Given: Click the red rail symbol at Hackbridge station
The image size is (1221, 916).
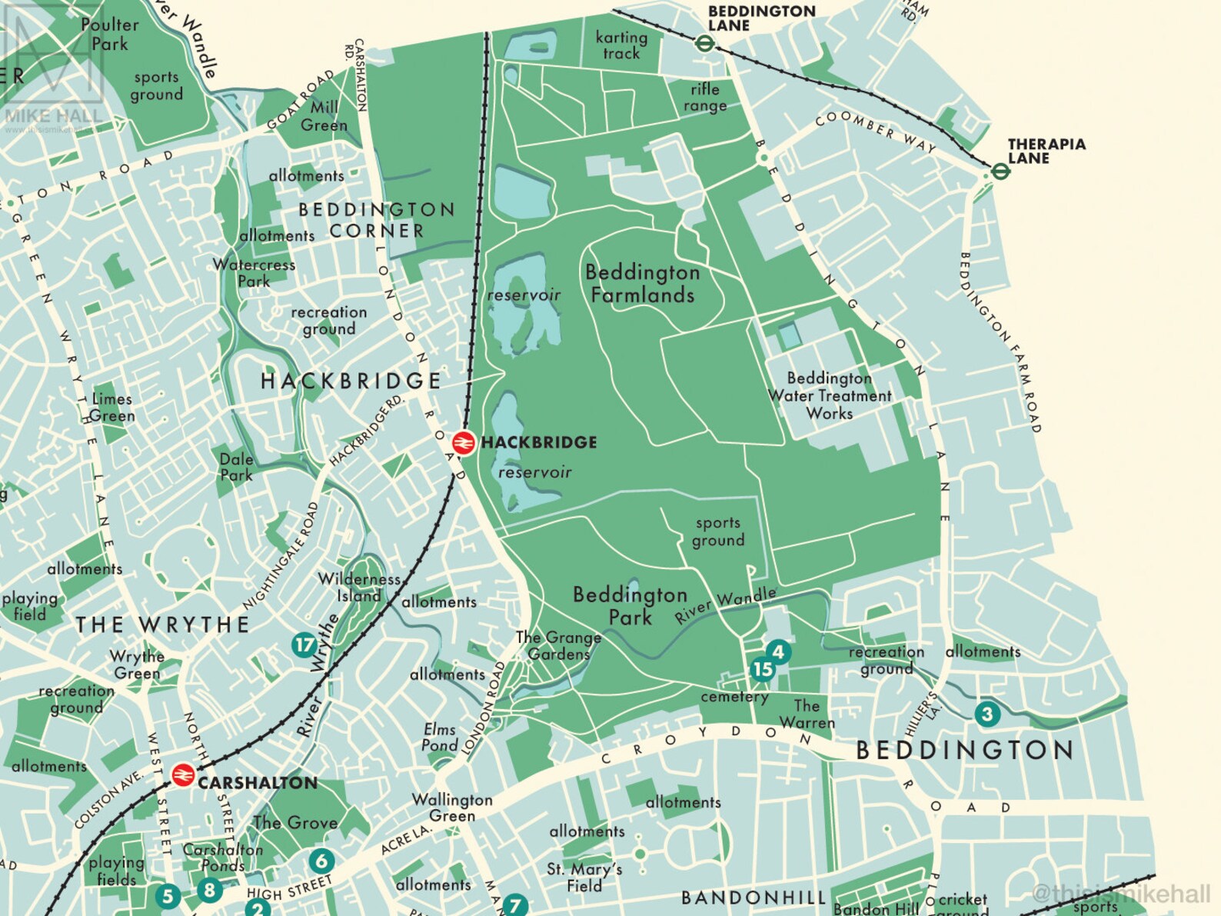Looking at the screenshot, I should pos(463,443).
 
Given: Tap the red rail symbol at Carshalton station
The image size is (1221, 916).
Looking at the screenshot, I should pos(182,774).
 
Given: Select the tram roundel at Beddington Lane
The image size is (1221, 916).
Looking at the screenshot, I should pos(704,43).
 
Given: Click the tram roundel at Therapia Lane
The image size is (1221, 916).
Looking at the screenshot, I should pos(1000,171).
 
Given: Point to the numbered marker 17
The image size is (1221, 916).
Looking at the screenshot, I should pos(304,645).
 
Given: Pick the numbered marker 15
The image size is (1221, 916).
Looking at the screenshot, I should pos(762,669).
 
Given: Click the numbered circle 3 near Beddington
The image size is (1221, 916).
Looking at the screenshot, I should pos(987,714).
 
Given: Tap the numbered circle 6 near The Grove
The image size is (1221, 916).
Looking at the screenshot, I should pos(321,861).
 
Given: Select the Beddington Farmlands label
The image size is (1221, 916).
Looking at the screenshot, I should pos(643,284).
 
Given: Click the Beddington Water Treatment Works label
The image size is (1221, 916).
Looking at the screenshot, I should pos(830,395).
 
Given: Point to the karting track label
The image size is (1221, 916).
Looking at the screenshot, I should pos(621,45).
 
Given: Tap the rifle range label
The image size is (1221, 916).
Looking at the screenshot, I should pos(704,98).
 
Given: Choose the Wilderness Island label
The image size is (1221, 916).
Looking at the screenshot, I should pos(359,587).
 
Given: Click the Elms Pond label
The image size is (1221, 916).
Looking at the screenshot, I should pos(439,737).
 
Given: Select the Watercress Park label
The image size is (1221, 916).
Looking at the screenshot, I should pos(254,272).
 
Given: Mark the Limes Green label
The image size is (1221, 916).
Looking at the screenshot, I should pos(112,407).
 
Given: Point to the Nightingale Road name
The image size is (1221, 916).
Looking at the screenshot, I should pos(281,555).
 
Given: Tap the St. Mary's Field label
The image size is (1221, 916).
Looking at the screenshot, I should pos(584,877).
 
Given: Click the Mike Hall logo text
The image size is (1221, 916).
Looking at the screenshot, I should pos(52,116).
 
